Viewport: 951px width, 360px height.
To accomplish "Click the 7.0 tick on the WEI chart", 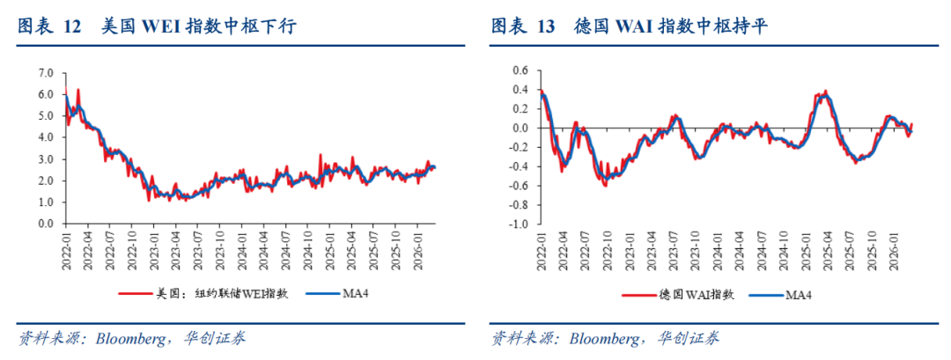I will pos(47,72).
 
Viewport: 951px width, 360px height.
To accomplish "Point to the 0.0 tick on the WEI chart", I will pos(47,224).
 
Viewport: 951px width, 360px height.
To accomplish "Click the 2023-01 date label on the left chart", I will pos(153,246).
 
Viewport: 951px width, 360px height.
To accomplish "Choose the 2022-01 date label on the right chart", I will pos(542,246).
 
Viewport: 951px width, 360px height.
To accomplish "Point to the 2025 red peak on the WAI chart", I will pos(825,91).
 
